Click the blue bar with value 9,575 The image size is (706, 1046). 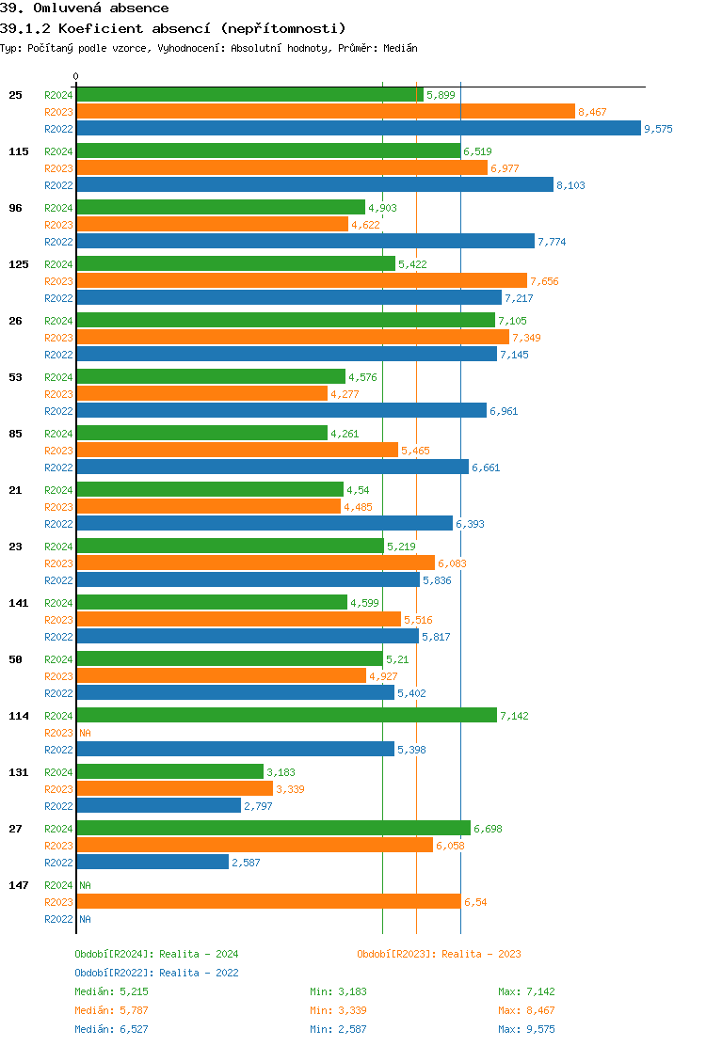point(358,129)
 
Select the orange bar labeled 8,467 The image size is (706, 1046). point(325,112)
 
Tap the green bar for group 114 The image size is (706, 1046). point(286,716)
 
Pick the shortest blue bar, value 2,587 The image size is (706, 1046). point(152,863)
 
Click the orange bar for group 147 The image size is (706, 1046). point(268,902)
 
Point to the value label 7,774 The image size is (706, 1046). point(552,243)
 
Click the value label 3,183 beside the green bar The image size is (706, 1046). point(281,773)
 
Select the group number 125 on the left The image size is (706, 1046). point(18,264)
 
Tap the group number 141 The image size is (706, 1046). point(18,603)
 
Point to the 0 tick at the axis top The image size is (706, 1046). point(76,77)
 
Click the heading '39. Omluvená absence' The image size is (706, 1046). point(85,8)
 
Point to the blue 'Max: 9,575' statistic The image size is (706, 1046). point(526,1029)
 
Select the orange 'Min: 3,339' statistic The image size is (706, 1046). point(338,1010)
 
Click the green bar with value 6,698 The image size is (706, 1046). point(273,829)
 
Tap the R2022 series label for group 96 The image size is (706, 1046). point(58,243)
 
